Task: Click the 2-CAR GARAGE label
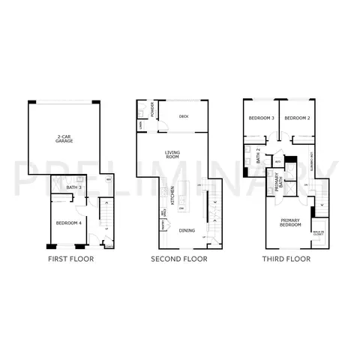click(64, 139)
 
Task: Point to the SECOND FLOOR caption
click(178, 259)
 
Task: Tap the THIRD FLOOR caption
click(285, 259)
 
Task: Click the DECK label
click(184, 116)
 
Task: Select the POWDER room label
click(152, 110)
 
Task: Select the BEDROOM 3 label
click(262, 118)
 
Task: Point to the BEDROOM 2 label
click(297, 118)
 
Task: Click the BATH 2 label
click(259, 156)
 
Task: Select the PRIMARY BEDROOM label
click(290, 223)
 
